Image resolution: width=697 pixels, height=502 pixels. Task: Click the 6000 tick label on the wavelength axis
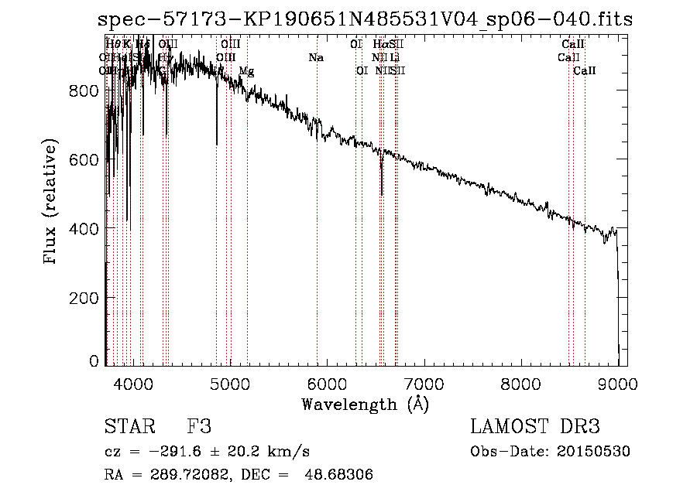(327, 383)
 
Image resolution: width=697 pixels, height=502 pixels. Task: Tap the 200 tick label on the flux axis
(83, 298)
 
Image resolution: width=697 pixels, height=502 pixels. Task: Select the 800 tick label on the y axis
(83, 91)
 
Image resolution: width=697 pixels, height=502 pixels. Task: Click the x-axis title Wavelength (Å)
(365, 404)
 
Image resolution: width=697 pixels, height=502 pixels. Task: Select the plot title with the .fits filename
(365, 19)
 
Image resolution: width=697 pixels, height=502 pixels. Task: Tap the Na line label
(316, 57)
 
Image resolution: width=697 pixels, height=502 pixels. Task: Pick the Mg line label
(246, 71)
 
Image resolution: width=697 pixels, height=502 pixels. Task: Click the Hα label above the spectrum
(380, 44)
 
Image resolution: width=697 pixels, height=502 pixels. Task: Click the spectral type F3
(199, 427)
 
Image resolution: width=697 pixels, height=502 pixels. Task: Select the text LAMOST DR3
(535, 427)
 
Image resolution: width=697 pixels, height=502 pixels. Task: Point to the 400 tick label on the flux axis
(83, 229)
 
